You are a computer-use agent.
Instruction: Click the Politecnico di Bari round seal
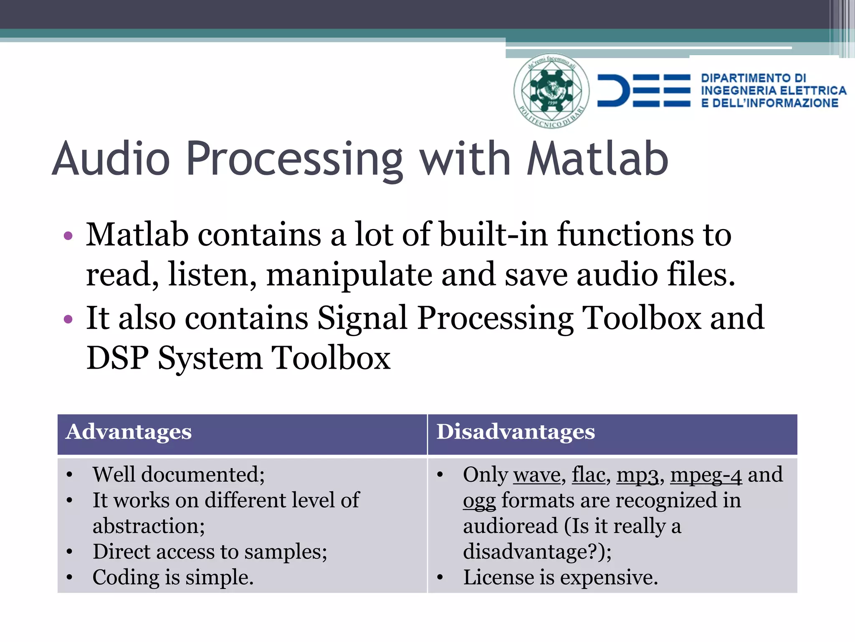(551, 91)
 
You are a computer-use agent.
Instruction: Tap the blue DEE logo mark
(643, 91)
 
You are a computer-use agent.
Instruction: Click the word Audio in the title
(111, 159)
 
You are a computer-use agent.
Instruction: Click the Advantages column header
(129, 432)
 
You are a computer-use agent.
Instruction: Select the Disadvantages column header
(516, 432)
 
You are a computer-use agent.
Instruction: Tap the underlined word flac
(588, 475)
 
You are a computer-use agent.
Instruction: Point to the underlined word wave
(537, 475)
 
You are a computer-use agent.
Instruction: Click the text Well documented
(178, 475)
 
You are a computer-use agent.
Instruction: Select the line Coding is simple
(173, 578)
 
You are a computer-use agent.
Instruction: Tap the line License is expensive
(560, 578)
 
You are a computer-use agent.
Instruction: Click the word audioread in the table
(510, 526)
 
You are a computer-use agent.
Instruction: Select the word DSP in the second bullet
(117, 358)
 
